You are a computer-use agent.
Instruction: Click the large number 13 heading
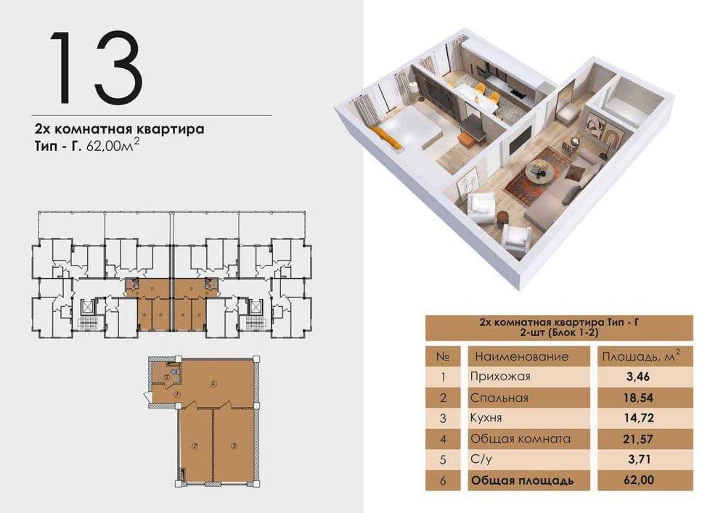96,68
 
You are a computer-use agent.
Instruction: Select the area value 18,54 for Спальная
639,398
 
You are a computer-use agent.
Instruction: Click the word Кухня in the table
486,418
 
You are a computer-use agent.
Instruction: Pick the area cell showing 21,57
639,438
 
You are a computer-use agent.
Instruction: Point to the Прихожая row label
500,376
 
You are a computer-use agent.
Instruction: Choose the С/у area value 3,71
639,459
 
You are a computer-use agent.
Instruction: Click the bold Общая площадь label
522,480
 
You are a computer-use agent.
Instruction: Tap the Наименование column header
522,357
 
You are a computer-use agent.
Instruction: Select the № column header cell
443,357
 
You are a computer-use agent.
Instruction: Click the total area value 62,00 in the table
639,480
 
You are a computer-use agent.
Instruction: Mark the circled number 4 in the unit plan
213,383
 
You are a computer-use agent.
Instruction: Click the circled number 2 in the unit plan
195,446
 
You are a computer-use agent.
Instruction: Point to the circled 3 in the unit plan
234,446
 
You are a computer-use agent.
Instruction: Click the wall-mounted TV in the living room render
521,141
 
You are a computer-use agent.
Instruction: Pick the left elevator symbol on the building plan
86,307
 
